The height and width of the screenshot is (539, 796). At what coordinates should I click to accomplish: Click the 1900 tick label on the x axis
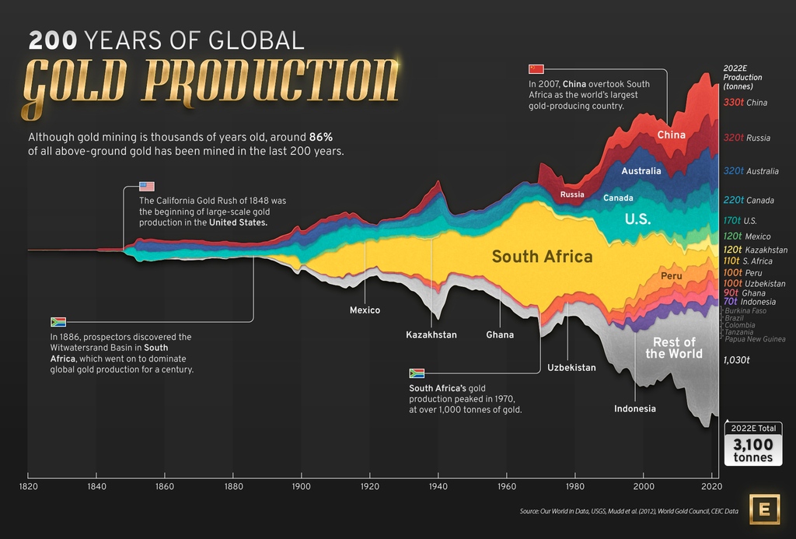[x=301, y=486]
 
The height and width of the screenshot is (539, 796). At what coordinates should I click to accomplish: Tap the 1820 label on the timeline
[x=28, y=486]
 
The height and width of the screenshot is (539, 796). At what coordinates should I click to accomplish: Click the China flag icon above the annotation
[x=536, y=68]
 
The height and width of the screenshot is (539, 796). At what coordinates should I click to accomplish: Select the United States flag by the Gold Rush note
[x=147, y=187]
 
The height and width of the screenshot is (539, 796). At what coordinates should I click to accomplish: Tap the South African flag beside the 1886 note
[x=58, y=321]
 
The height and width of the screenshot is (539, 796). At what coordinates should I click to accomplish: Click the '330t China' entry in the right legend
[x=745, y=103]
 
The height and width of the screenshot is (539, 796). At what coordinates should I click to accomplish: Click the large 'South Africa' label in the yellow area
[x=542, y=257]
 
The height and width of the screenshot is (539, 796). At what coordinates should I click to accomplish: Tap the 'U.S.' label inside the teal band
[x=637, y=219]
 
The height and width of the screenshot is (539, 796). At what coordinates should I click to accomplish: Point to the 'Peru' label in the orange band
[x=671, y=276]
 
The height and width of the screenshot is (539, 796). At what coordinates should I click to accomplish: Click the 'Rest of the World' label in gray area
[x=673, y=348]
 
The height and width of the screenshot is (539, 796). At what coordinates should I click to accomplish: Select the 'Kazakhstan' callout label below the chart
[x=431, y=335]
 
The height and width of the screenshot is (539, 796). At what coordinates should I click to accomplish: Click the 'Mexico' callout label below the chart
[x=365, y=310]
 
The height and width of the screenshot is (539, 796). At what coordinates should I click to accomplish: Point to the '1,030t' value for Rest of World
[x=735, y=360]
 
